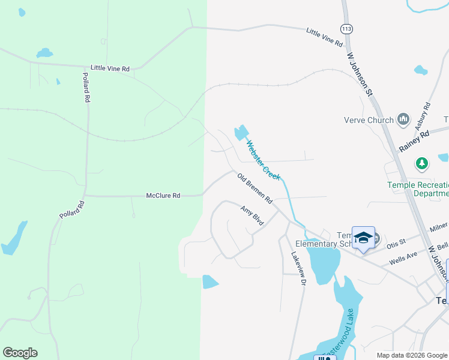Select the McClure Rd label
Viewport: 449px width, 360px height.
click(x=163, y=196)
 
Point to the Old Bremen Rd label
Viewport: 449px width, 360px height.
click(x=255, y=188)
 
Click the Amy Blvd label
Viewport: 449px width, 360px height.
click(x=252, y=216)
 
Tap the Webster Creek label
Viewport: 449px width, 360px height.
click(x=264, y=160)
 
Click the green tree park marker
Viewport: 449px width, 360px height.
click(x=423, y=163)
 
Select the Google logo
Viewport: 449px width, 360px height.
click(x=20, y=353)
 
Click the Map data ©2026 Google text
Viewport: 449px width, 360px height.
click(x=411, y=355)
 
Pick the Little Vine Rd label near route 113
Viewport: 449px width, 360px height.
click(x=324, y=37)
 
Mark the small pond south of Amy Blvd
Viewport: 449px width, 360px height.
click(x=210, y=281)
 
